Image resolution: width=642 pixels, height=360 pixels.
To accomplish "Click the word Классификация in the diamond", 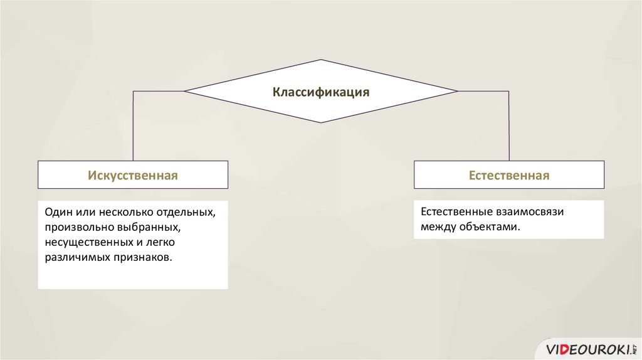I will [320, 92].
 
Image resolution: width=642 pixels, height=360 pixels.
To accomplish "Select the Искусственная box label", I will [133, 176].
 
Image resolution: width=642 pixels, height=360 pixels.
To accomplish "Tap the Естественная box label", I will [509, 176].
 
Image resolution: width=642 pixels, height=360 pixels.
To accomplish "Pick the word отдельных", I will [188, 213].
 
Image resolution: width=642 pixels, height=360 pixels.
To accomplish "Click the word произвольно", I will [76, 227].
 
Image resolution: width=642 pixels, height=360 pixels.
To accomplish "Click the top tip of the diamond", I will [321, 60].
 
